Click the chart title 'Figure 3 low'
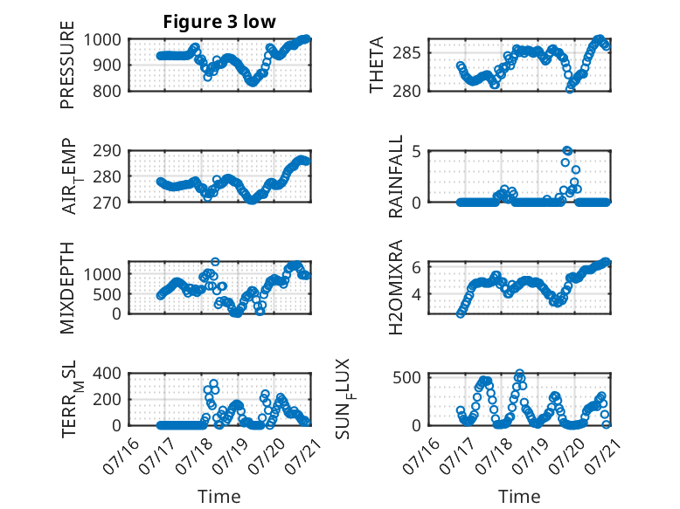[x=219, y=22]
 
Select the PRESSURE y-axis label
[x=67, y=65]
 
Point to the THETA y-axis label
[x=377, y=65]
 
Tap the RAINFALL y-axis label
[x=396, y=176]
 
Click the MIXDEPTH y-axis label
[x=67, y=288]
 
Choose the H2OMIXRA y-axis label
[x=396, y=287]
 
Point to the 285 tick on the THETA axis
[x=406, y=53]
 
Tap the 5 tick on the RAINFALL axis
[x=416, y=152]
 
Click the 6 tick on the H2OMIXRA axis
[x=416, y=267]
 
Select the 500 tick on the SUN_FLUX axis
[x=406, y=377]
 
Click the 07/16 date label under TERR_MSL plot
[x=121, y=456]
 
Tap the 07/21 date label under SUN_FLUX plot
[x=602, y=456]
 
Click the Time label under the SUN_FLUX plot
[x=519, y=496]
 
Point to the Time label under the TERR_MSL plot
[x=219, y=496]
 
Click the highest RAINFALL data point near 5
[x=566, y=150]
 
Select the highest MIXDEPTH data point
[x=215, y=262]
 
